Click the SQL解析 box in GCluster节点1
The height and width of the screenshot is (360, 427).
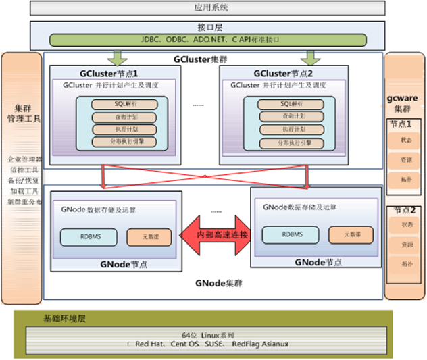pos(125,104)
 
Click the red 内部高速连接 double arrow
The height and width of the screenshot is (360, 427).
pos(215,235)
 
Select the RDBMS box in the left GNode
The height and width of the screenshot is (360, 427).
pos(88,237)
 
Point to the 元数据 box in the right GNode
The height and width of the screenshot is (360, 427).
pos(351,235)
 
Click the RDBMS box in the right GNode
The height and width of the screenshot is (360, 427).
pos(292,235)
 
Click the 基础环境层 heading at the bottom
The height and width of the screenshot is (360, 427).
pos(64,319)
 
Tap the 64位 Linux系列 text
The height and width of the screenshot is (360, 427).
pos(207,335)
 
